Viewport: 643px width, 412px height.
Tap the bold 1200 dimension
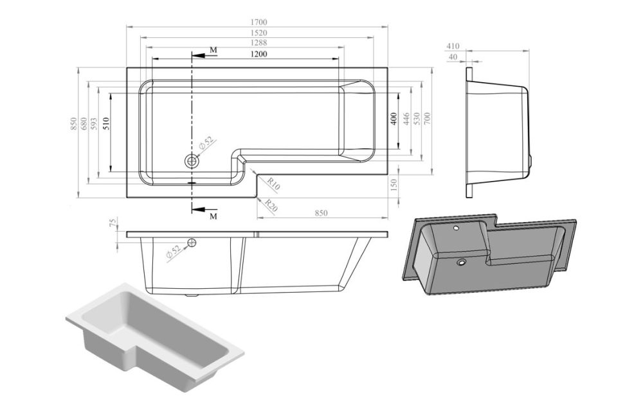tap(258, 54)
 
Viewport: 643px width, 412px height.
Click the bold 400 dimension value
tap(393, 119)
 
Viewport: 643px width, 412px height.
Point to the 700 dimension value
tap(426, 119)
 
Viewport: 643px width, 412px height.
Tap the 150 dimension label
tap(394, 185)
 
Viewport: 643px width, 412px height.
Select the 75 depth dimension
tap(113, 223)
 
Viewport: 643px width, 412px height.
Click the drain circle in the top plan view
tap(191, 161)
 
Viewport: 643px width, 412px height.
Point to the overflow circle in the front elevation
tap(191, 242)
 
